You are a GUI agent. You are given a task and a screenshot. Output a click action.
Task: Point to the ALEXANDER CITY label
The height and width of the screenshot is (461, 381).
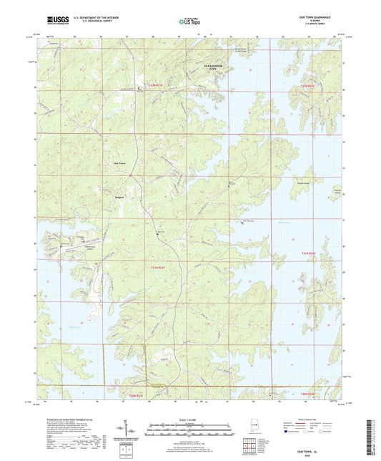click(x=214, y=67)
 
